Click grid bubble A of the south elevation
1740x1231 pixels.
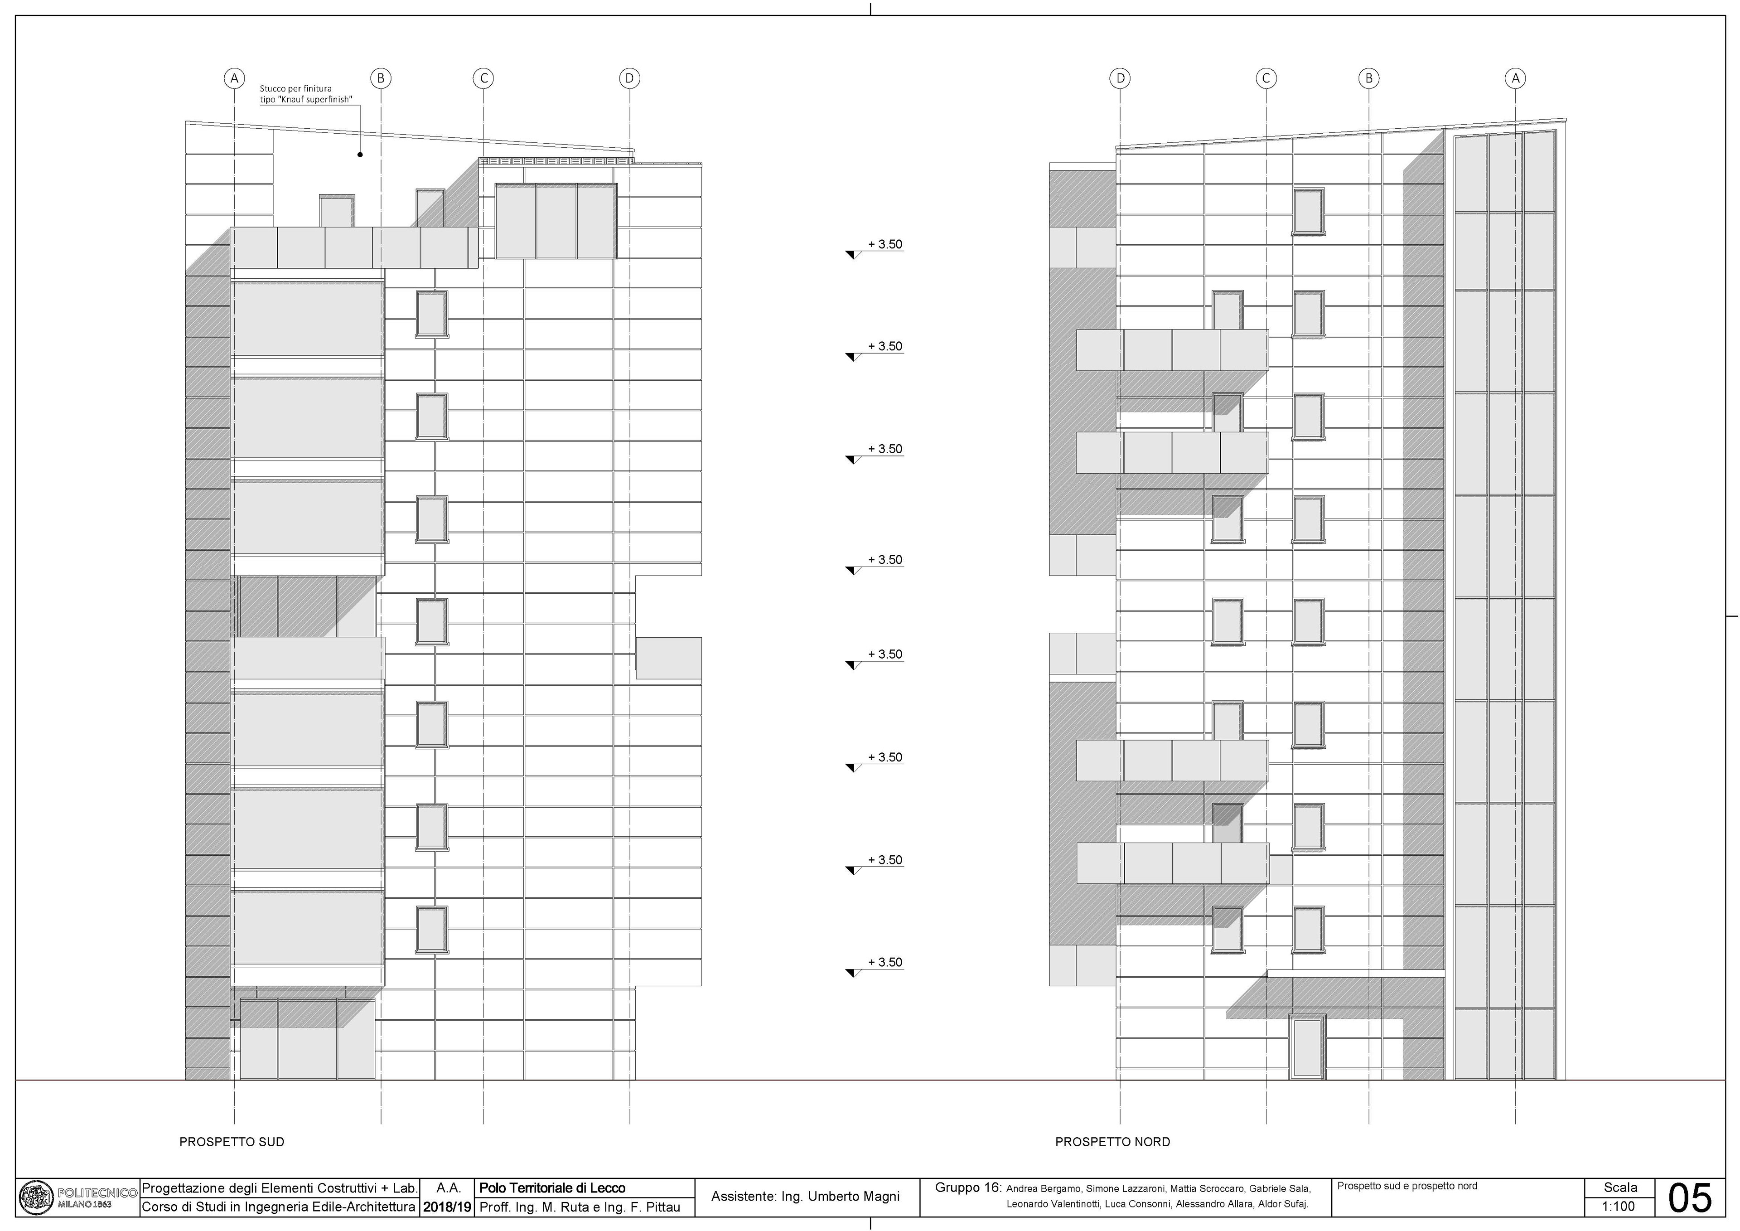point(234,78)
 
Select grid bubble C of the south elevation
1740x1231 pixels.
point(483,78)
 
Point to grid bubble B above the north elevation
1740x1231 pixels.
point(1368,78)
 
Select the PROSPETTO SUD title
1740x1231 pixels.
point(232,1142)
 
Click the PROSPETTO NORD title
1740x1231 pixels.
point(1112,1142)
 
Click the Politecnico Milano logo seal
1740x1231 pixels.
point(36,1197)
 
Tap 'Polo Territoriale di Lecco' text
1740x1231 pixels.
point(552,1188)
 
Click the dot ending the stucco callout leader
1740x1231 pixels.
point(360,155)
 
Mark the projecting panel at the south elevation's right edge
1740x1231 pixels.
point(668,658)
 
